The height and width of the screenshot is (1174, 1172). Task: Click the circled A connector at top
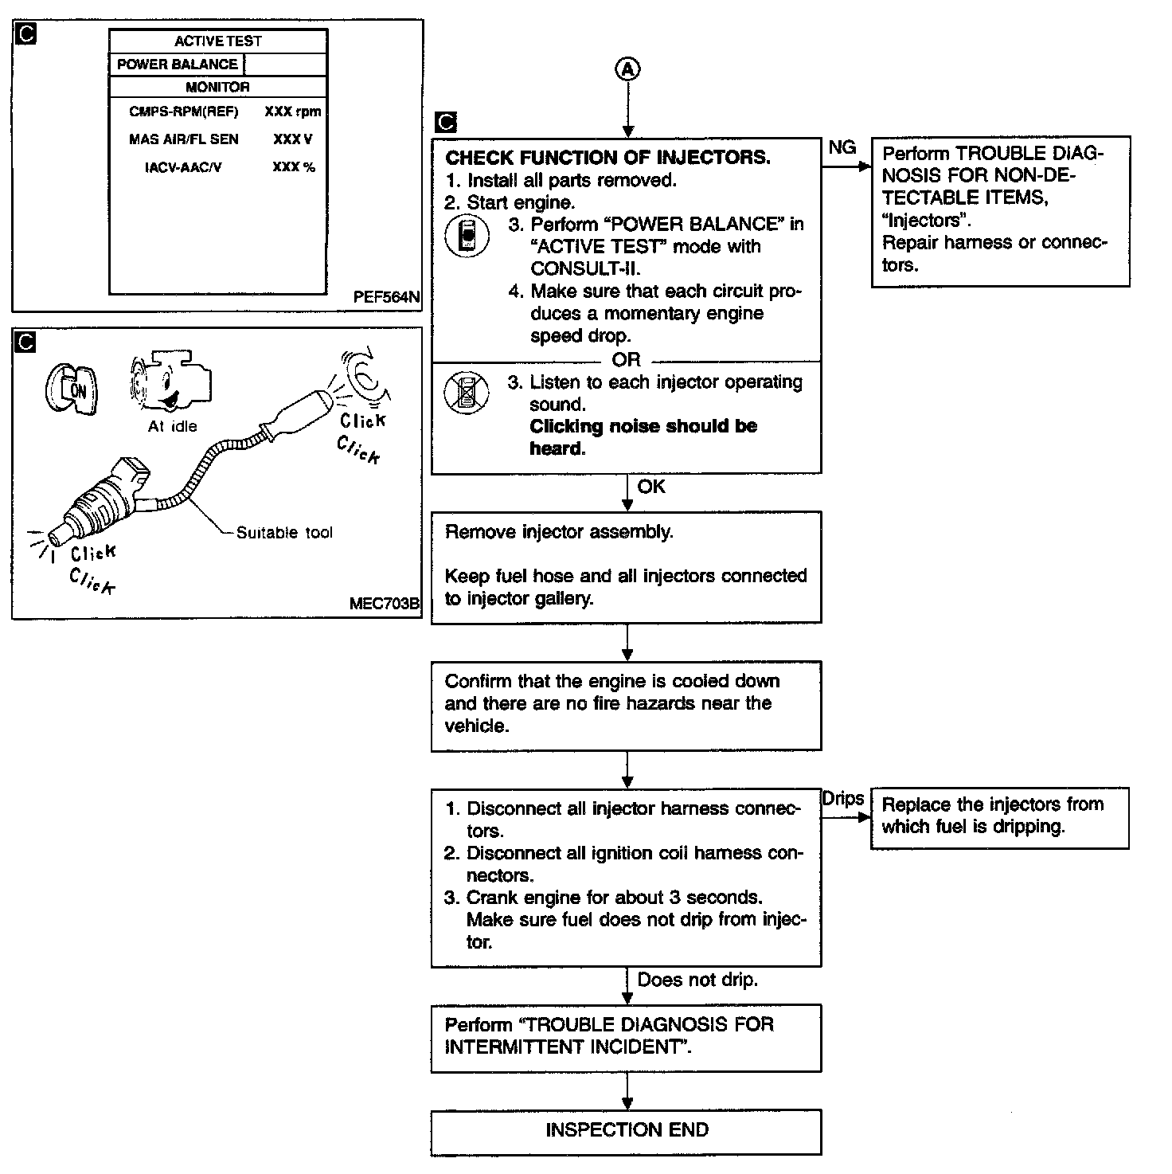627,69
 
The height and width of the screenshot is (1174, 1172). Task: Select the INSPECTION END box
626,1131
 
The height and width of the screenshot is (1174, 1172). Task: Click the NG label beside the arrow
842,147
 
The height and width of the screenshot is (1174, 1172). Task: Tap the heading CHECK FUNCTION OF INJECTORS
607,158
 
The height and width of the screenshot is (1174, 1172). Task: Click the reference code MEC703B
384,604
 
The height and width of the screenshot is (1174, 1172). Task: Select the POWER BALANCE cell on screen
177,65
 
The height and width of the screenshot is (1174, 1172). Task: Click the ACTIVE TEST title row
217,41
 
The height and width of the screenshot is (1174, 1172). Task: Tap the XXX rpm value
292,112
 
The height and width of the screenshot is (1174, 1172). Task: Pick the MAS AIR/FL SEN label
184,139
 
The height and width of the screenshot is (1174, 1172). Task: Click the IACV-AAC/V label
183,167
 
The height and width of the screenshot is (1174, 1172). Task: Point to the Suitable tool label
284,533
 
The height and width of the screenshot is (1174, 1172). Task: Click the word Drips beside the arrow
842,799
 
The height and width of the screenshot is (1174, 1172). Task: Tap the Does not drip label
697,980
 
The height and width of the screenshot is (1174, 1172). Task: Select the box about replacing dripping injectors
999,817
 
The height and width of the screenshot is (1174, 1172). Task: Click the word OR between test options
626,360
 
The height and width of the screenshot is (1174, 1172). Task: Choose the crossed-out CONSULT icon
467,392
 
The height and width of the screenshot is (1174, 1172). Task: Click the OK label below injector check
650,487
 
